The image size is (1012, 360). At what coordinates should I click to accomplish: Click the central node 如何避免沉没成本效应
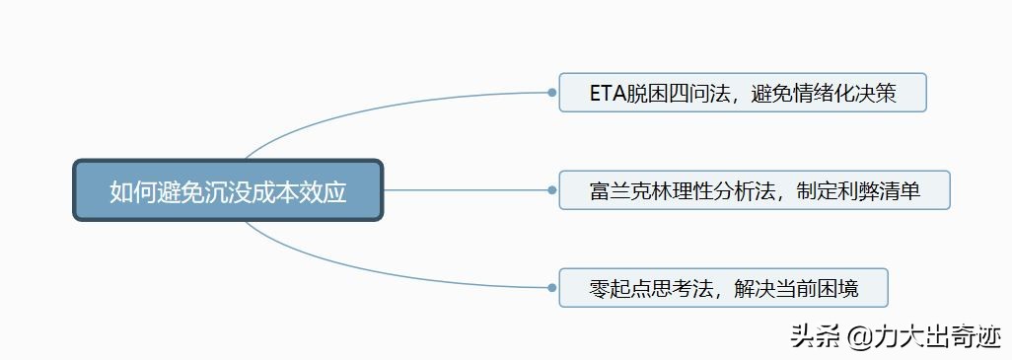(x=228, y=190)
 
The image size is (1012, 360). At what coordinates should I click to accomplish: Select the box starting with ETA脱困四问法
(x=742, y=93)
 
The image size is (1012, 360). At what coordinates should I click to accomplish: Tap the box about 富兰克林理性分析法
(x=754, y=190)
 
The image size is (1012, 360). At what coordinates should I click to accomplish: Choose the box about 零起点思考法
(x=723, y=288)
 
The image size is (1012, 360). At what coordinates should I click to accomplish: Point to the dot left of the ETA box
(x=551, y=93)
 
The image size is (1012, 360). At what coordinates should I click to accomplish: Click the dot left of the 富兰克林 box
(x=551, y=190)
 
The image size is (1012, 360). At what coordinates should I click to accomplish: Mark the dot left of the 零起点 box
(x=551, y=288)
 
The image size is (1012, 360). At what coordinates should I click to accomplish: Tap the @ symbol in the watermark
(x=857, y=337)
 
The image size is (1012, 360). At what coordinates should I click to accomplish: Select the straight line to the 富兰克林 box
(x=464, y=190)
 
